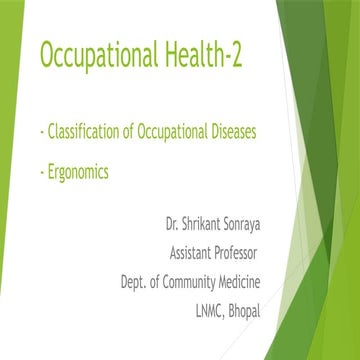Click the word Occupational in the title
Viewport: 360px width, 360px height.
[101, 56]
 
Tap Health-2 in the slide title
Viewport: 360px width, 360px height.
[213, 56]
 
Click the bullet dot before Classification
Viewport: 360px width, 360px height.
[38, 132]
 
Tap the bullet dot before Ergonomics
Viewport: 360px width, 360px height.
[38, 172]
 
